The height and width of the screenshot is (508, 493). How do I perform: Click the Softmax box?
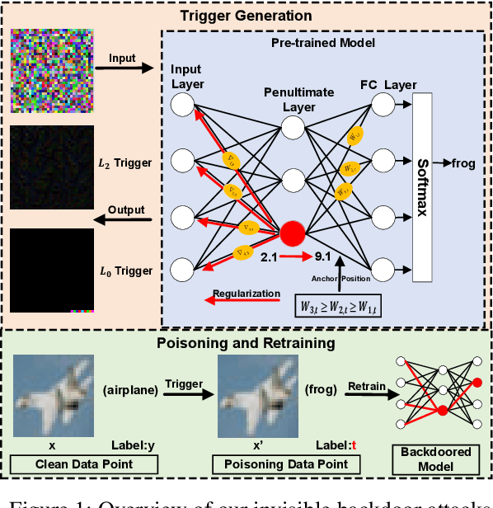(x=422, y=188)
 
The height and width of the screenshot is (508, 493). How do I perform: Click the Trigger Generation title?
(x=248, y=15)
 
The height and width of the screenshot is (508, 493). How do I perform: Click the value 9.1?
(x=322, y=256)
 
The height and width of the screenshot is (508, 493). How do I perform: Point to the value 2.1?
(x=270, y=256)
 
